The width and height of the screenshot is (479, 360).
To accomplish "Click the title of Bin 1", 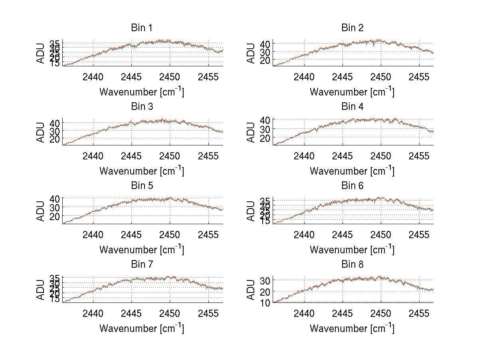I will (142, 28).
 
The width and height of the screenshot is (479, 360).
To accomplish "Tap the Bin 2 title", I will (352, 28).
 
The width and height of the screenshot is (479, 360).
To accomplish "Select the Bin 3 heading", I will (142, 107).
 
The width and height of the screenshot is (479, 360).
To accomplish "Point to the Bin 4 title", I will (352, 107).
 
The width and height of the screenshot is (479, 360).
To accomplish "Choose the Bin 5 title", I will (142, 186).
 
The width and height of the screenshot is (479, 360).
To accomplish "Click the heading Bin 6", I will (352, 186).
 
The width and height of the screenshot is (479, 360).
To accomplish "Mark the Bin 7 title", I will (142, 265).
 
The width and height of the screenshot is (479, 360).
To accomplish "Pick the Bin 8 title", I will (352, 265).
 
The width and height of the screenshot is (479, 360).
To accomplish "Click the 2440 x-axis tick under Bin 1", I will (93, 77).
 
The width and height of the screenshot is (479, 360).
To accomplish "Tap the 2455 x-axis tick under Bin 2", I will (419, 77).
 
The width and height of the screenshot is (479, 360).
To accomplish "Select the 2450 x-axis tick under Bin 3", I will (170, 156).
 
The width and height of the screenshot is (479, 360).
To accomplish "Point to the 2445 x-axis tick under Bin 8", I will (342, 313).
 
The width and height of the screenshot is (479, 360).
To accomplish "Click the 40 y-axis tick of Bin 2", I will (265, 43).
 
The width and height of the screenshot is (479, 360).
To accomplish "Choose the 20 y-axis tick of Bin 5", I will (55, 216).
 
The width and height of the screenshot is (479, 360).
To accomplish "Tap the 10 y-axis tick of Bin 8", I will (265, 302).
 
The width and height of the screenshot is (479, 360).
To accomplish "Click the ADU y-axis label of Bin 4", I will (251, 132).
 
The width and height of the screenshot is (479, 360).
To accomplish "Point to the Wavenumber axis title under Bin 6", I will (352, 249).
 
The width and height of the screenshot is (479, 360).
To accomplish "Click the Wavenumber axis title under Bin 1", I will (141, 91).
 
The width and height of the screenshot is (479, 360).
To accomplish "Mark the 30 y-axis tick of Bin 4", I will (265, 129).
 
